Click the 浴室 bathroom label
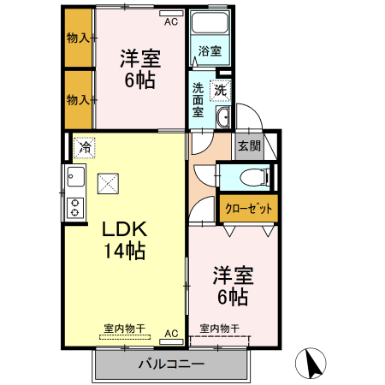tap(210, 51)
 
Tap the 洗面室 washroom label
tap(198, 99)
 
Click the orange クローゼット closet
tap(249, 208)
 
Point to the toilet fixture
tap(255, 178)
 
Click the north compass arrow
tap(311, 365)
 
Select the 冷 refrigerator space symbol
tap(85, 148)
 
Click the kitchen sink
tap(74, 178)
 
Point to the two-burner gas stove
tap(74, 206)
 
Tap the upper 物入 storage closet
tap(80, 38)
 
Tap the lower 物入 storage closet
tap(80, 99)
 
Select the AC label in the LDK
tap(170, 333)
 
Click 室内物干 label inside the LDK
tap(125, 328)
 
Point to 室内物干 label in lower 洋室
tap(219, 329)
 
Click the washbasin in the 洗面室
tap(222, 117)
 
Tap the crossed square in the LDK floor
tap(109, 182)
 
